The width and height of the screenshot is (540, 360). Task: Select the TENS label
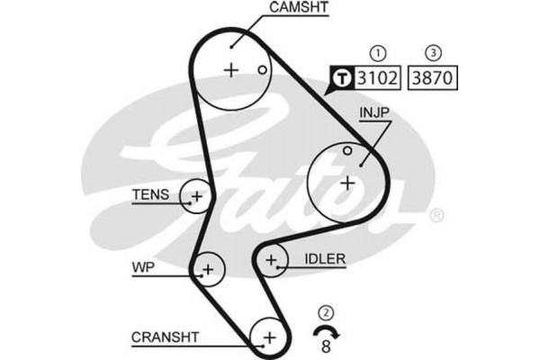149,193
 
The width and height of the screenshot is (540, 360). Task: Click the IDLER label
325,259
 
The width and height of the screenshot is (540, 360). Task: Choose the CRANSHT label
166,337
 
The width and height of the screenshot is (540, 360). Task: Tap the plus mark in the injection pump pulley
347,183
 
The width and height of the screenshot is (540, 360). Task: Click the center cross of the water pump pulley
208,268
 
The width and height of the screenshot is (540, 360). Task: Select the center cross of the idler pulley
271,261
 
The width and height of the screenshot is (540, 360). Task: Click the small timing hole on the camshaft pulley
261,69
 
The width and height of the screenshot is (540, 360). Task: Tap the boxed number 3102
379,77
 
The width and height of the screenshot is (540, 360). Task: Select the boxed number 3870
433,77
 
